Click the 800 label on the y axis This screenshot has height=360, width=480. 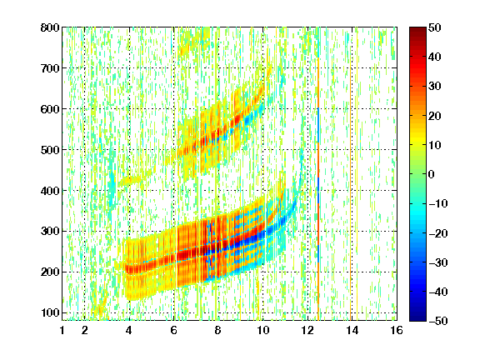click(x=50, y=27)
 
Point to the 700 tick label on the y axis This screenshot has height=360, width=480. click(x=50, y=68)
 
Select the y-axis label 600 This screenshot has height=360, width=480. click(x=50, y=109)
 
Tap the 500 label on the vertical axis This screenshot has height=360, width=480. click(x=50, y=150)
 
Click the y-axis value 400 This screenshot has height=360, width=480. click(x=50, y=191)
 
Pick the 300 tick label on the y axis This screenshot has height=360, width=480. click(x=50, y=231)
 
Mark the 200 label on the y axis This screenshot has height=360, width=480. click(x=50, y=272)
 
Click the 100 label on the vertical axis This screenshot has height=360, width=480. click(x=50, y=312)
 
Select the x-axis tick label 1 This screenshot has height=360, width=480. click(x=62, y=330)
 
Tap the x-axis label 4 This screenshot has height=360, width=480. click(x=129, y=330)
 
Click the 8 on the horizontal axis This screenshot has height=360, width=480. click(x=218, y=330)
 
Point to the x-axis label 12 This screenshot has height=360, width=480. click(x=307, y=330)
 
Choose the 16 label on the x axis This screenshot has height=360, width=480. click(x=397, y=330)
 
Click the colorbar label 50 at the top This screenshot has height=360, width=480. click(x=435, y=27)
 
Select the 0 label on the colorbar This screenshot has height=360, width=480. click(x=432, y=174)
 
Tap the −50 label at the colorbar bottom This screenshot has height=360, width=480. click(x=438, y=321)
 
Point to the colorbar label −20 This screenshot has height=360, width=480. click(x=438, y=233)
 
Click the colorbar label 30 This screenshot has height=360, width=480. click(x=435, y=87)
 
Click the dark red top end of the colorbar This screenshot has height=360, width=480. click(x=417, y=31)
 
